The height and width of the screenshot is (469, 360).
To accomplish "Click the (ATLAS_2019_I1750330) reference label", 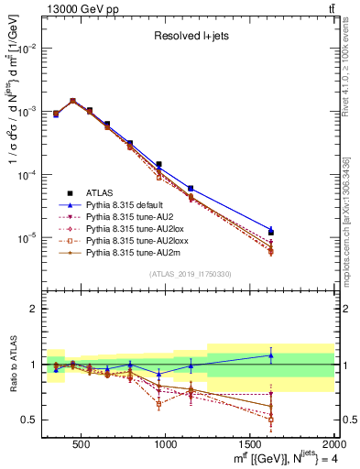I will (x=190, y=274).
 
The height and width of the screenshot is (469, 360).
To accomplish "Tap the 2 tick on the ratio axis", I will (x=37, y=309).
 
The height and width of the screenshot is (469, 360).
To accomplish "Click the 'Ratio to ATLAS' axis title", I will (x=12, y=365).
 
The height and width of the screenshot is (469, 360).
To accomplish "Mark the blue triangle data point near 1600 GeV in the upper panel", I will (x=270, y=229).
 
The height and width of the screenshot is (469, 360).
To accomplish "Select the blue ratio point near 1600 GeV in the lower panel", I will (x=270, y=355).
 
